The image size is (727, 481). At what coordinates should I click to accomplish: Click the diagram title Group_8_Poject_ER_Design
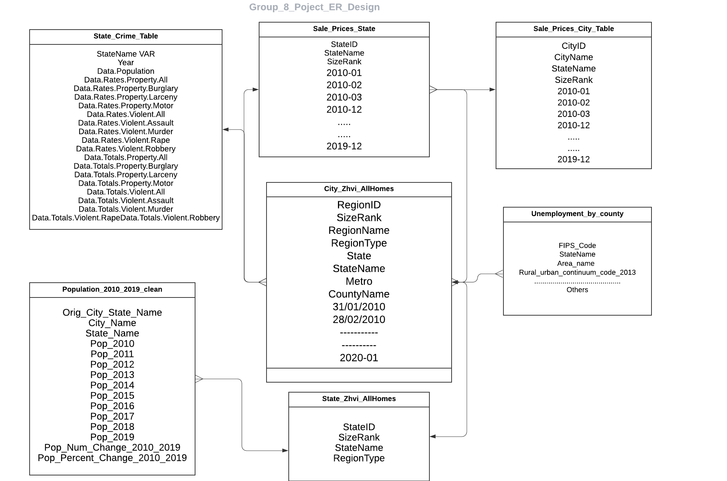pyautogui.click(x=314, y=7)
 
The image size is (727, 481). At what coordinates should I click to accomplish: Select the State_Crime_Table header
pyautogui.click(x=125, y=36)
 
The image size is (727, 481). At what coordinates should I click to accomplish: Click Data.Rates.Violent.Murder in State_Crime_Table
pyautogui.click(x=125, y=132)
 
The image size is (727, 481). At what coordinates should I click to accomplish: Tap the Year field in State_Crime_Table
pyautogui.click(x=125, y=63)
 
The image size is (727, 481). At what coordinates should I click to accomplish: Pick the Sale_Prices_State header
pyautogui.click(x=344, y=29)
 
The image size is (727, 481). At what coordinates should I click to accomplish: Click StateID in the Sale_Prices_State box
pyautogui.click(x=344, y=44)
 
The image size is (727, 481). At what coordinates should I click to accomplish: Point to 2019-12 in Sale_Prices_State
pyautogui.click(x=344, y=146)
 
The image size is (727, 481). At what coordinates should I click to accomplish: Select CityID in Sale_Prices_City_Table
pyautogui.click(x=573, y=46)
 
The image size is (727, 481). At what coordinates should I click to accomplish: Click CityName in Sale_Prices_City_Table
pyautogui.click(x=573, y=57)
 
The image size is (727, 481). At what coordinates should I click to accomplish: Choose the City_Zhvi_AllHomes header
pyautogui.click(x=359, y=189)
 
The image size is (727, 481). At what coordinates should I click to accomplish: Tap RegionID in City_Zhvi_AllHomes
pyautogui.click(x=359, y=205)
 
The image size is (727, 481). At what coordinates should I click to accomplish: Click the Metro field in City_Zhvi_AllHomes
pyautogui.click(x=359, y=282)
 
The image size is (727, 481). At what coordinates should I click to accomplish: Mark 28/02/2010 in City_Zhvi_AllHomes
pyautogui.click(x=359, y=320)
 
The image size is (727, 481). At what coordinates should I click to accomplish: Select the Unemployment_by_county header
pyautogui.click(x=577, y=214)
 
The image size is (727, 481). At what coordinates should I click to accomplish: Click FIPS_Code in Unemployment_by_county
pyautogui.click(x=577, y=246)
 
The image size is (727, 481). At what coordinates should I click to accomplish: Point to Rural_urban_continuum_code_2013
pyautogui.click(x=577, y=273)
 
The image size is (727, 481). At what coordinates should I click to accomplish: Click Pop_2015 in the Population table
pyautogui.click(x=112, y=396)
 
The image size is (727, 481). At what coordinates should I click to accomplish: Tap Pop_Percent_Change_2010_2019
pyautogui.click(x=112, y=458)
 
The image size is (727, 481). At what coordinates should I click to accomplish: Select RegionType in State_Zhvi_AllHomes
pyautogui.click(x=359, y=458)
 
